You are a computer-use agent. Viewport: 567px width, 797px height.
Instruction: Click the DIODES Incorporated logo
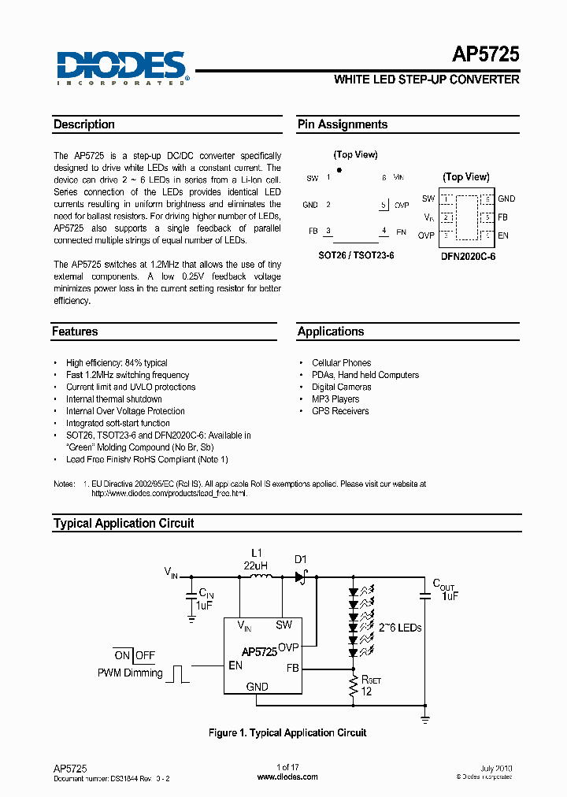tap(122, 66)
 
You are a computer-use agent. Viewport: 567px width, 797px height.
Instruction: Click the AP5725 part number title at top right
tap(485, 54)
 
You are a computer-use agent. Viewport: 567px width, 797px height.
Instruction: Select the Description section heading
tap(84, 124)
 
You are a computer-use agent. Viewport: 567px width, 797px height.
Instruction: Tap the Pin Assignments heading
tap(343, 124)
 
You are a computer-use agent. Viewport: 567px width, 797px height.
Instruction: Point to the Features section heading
tap(76, 332)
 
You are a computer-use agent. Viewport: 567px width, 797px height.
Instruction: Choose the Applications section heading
tap(331, 332)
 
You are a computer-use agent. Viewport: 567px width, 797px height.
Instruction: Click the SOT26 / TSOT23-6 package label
tap(356, 256)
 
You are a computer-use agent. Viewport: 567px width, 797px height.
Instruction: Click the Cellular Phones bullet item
tap(341, 363)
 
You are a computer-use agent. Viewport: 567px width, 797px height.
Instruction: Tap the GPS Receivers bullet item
tap(340, 411)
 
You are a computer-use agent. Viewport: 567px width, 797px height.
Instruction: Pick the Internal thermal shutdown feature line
tap(114, 399)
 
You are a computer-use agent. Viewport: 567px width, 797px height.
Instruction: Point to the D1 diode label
tap(301, 560)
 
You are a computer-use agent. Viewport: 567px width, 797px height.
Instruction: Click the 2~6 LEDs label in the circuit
tap(400, 628)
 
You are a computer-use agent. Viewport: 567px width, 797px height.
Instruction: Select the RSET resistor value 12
tap(366, 691)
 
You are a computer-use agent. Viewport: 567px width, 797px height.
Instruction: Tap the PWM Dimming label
tap(130, 673)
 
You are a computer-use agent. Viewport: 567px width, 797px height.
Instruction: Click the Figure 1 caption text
tap(287, 733)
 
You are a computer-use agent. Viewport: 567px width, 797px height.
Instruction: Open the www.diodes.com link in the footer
tap(288, 777)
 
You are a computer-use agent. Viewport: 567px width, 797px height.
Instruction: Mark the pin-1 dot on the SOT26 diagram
tap(339, 169)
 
